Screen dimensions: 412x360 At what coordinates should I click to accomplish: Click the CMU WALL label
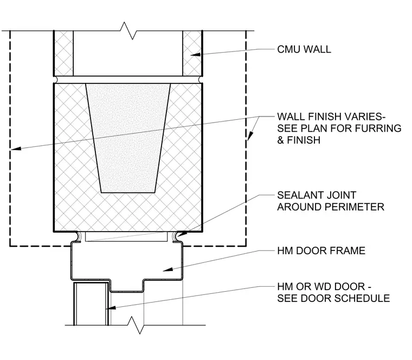(304, 49)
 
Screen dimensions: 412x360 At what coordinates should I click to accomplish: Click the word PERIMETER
(355, 207)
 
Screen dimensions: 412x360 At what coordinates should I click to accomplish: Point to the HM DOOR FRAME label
(321, 250)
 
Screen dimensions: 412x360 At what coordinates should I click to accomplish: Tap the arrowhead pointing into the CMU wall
(195, 55)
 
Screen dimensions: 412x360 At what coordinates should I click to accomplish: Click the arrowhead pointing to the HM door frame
(168, 269)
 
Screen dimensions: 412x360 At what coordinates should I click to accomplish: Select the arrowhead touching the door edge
(111, 308)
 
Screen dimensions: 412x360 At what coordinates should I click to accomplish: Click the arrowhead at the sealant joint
(182, 234)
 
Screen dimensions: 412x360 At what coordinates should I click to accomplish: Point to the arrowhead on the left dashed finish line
(16, 149)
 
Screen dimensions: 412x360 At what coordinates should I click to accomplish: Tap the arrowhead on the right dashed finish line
(250, 136)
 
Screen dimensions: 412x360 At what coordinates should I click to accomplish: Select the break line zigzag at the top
(128, 31)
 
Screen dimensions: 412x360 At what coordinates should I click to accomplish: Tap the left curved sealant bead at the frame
(77, 236)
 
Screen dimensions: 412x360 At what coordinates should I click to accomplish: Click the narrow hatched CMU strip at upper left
(63, 53)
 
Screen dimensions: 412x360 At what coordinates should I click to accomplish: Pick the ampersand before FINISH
(280, 140)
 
